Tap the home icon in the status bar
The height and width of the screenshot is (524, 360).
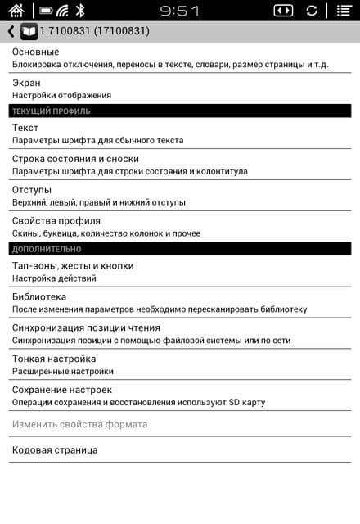click(16, 11)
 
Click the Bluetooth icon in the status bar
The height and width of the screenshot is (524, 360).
click(80, 11)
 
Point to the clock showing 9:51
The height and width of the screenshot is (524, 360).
click(179, 11)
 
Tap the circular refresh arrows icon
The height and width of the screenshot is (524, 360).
click(312, 11)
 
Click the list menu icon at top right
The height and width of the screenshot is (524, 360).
click(344, 11)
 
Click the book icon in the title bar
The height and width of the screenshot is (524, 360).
click(29, 32)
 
